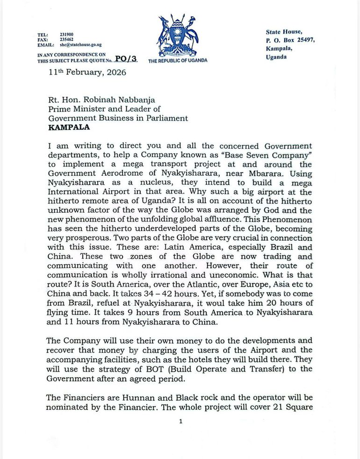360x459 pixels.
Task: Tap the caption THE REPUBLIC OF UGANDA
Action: tap(178, 60)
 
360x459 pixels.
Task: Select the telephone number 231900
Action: tap(66, 35)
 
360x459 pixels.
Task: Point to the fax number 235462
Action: tap(66, 40)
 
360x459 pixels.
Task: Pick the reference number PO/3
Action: tap(126, 58)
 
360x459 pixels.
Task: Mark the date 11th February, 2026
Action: tap(87, 72)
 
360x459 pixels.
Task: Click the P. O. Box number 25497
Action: tap(305, 40)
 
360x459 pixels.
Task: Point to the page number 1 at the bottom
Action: tap(180, 421)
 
